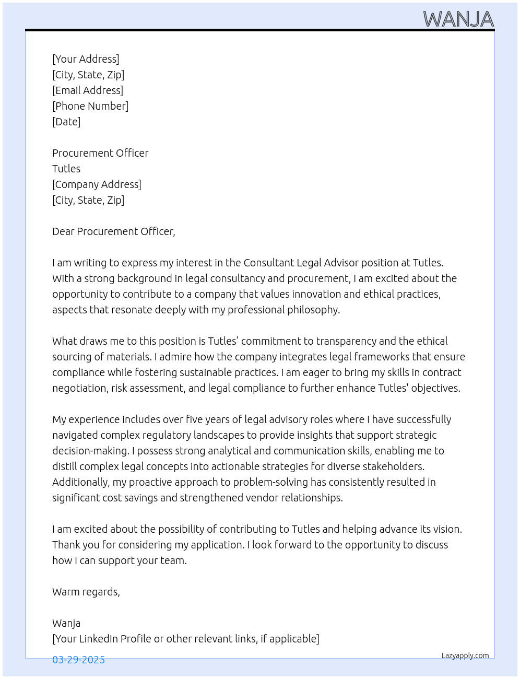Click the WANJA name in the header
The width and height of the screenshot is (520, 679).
[x=458, y=19]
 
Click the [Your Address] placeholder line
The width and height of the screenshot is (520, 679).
[x=86, y=59]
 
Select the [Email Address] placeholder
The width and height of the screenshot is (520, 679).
[x=88, y=90]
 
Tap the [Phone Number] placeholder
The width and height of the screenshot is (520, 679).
[x=90, y=106]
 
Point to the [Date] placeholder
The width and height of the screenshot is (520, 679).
[x=66, y=122]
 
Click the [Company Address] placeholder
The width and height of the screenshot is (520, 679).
[x=97, y=184]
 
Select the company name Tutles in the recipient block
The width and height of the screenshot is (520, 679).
[x=66, y=169]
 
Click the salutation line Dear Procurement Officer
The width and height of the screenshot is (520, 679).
[x=114, y=231]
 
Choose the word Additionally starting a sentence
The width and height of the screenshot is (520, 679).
[x=81, y=482]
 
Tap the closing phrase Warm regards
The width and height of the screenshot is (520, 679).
[x=86, y=592]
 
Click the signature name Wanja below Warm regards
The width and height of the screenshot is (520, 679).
[x=66, y=623]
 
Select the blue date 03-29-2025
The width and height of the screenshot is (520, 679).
[x=78, y=660]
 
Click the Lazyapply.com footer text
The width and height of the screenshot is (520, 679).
[x=465, y=655]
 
